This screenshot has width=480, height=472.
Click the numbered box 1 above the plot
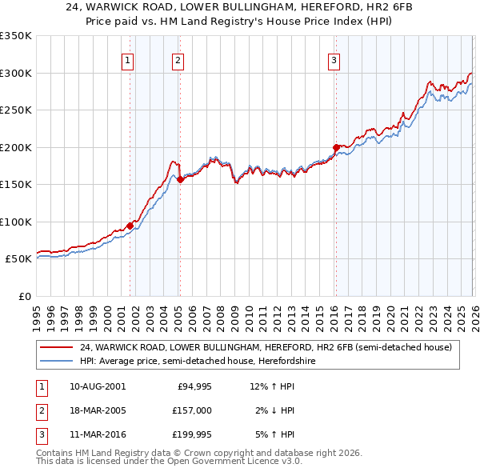point(128,59)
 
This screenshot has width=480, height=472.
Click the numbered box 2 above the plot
point(178,59)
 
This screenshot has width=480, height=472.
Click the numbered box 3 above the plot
point(334,59)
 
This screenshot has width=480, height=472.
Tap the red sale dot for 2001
point(130,226)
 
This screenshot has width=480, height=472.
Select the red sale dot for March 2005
point(180,179)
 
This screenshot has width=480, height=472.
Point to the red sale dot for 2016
point(335,147)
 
